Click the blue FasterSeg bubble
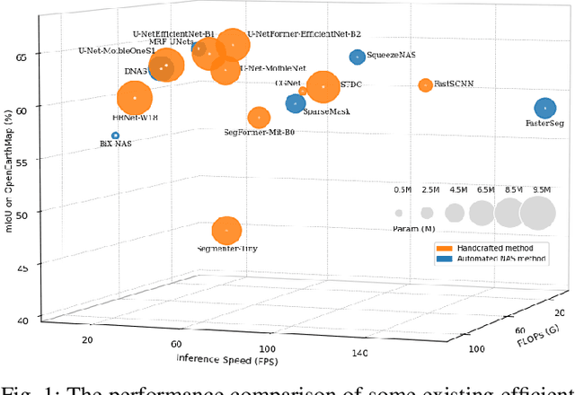tap(544, 109)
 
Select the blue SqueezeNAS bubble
tap(357, 57)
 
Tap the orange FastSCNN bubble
tap(425, 84)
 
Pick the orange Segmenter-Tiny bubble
tap(226, 231)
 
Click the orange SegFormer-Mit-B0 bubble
tap(259, 117)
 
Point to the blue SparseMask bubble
tap(295, 103)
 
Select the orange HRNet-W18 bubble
tap(135, 98)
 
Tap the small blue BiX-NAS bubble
tap(115, 136)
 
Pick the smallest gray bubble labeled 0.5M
tap(398, 213)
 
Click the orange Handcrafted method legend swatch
tap(445, 248)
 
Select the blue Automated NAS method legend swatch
tap(445, 259)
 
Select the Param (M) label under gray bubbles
tap(414, 229)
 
